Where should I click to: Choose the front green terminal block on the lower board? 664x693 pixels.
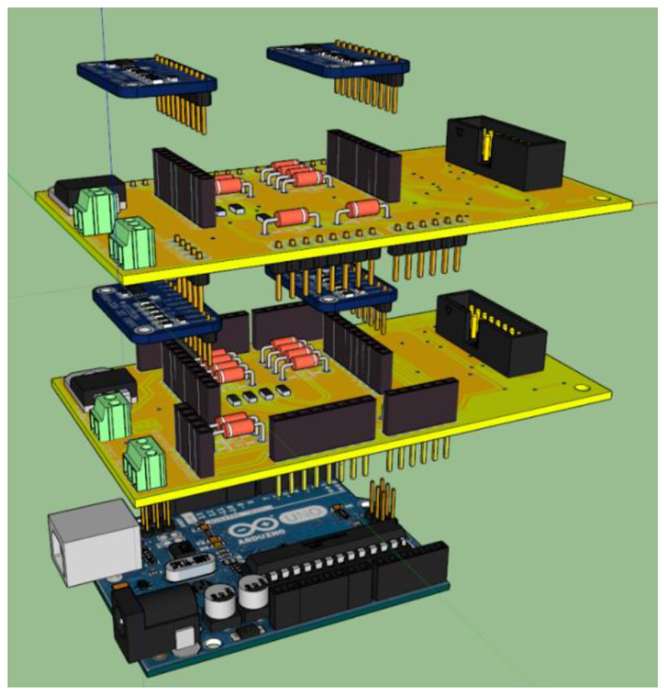[x=145, y=464]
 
